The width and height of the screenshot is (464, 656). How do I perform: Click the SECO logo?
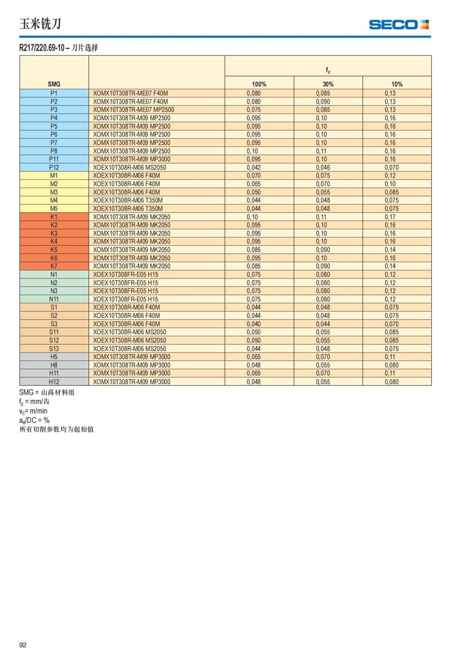(x=399, y=25)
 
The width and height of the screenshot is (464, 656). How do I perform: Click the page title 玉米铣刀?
(x=40, y=24)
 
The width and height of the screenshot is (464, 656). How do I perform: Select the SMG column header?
(x=54, y=84)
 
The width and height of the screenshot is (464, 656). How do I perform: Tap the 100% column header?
(x=259, y=84)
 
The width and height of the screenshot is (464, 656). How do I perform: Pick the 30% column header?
(x=328, y=84)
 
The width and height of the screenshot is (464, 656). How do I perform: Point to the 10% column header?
(x=397, y=84)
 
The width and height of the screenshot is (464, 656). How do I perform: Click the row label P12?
(x=54, y=167)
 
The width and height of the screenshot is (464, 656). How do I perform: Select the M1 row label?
(x=54, y=176)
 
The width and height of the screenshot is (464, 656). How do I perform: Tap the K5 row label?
(x=54, y=250)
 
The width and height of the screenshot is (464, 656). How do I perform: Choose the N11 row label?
(x=54, y=299)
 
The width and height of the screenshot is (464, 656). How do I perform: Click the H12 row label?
(x=54, y=382)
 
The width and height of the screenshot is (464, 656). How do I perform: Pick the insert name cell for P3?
(x=133, y=110)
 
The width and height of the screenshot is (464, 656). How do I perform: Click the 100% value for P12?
(x=254, y=167)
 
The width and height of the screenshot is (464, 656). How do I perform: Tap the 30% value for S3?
(x=323, y=324)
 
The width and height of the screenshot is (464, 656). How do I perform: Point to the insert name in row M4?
(x=128, y=200)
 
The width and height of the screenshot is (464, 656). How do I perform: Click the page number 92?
(x=23, y=645)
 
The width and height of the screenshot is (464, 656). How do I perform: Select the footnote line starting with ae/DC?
(x=34, y=420)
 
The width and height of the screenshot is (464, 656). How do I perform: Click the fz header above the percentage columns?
(x=328, y=70)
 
